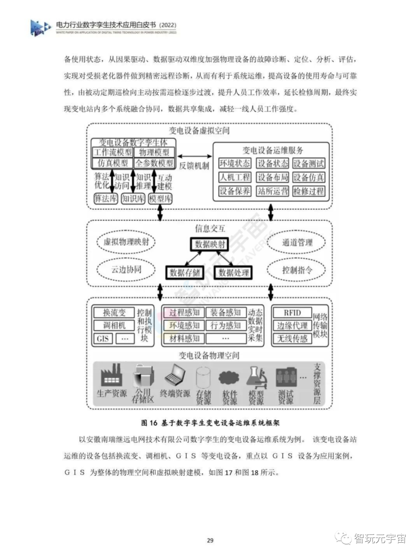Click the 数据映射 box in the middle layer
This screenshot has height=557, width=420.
210,244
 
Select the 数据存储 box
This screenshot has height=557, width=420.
184,272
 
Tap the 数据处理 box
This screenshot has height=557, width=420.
234,272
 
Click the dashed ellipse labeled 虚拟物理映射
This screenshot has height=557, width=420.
126,242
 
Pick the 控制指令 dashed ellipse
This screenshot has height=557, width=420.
297,270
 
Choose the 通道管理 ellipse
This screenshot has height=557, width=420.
297,242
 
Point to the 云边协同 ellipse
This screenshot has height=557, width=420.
126,270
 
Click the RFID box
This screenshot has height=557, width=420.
292,313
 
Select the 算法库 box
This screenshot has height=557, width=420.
106,199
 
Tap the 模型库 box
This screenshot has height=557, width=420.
160,199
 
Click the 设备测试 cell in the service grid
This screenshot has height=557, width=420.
308,163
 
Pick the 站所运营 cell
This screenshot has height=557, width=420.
273,191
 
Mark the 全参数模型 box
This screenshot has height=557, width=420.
154,163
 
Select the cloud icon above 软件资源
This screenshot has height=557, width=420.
229,377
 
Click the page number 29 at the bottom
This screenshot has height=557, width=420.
210,540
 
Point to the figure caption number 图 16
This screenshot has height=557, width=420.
149,423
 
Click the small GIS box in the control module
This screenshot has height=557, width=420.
103,339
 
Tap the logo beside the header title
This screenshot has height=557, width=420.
40,28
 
